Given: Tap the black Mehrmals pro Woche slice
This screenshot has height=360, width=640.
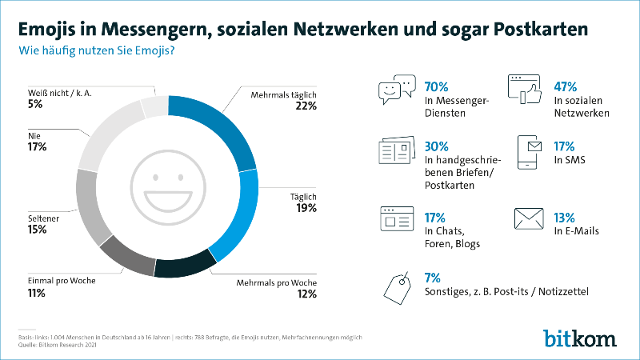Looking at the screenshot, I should pos(186,267).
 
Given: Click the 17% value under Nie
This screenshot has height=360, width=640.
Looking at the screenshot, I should pos(37,147).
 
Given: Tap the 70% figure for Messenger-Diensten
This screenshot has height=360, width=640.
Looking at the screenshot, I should pos(438,86).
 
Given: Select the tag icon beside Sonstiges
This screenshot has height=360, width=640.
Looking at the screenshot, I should pos(397,286).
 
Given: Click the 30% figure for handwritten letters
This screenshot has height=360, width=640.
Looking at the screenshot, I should pos(438,146).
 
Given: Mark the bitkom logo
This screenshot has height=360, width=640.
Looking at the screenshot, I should pos(580,337).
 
